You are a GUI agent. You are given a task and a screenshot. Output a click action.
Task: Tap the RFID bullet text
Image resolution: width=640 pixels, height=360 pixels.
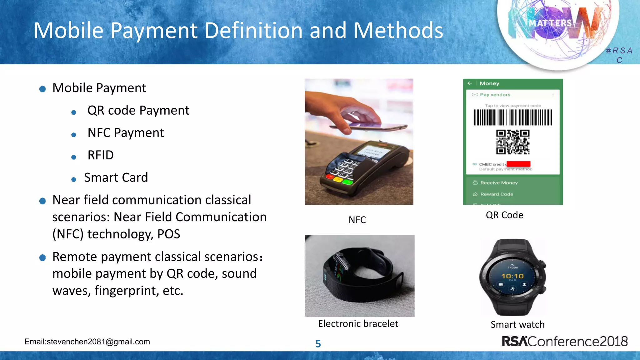tap(100, 155)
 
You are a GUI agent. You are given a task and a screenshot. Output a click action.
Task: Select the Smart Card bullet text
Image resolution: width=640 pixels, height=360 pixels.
tap(116, 178)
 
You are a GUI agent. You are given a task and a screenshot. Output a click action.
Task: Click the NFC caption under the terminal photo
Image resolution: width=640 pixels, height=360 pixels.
tap(357, 220)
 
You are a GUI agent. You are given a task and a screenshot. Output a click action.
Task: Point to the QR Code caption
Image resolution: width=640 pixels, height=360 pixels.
tap(504, 215)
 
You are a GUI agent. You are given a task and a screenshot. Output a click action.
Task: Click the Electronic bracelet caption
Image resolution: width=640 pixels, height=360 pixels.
tap(358, 324)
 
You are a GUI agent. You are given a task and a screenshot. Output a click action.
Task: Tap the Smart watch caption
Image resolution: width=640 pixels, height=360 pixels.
tap(517, 325)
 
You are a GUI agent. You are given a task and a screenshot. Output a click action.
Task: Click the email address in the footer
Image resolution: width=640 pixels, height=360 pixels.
tap(87, 342)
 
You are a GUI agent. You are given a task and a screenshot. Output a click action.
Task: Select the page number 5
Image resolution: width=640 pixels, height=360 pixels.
tap(318, 344)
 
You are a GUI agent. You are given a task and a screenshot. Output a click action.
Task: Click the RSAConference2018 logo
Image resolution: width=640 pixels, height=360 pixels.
tap(564, 342)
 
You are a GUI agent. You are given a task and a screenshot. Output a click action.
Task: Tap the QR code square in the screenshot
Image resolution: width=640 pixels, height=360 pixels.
tap(513, 142)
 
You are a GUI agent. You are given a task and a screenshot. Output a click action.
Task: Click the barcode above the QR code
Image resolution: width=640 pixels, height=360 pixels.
tap(513, 117)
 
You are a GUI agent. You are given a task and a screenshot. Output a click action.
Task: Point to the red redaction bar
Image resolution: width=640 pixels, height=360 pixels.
tap(518, 164)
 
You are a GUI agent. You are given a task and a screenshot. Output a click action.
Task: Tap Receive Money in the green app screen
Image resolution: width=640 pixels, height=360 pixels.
tap(499, 183)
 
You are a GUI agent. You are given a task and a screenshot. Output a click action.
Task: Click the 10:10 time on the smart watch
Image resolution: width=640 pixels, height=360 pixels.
tap(512, 276)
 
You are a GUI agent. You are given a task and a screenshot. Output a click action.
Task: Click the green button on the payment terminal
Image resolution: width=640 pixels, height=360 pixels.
tap(347, 182)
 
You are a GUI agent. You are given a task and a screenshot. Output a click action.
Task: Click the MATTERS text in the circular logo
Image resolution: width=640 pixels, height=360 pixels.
tap(550, 23)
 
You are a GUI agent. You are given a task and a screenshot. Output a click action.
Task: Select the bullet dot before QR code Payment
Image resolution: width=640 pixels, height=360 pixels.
tap(74, 112)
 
